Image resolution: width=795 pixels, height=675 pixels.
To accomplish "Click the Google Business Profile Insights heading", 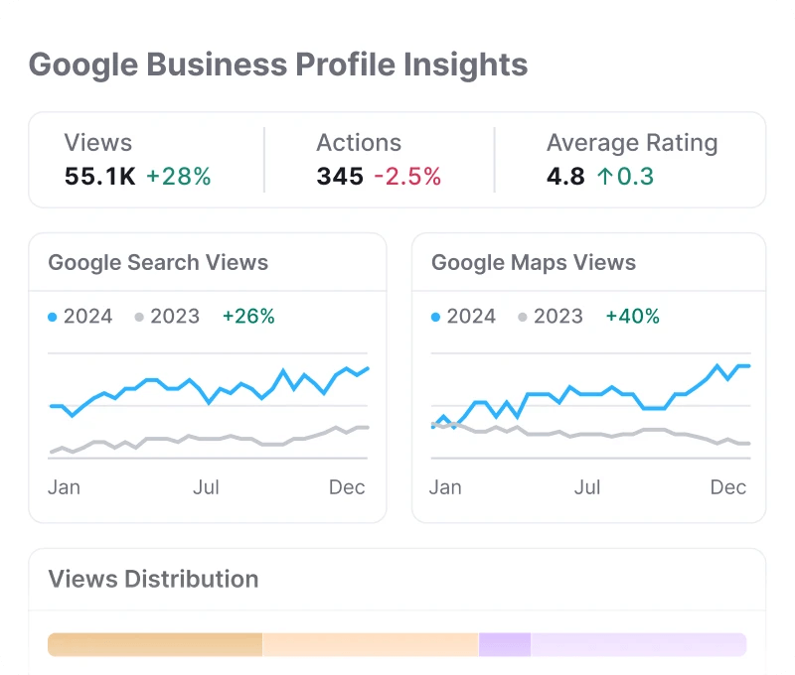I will (x=278, y=66).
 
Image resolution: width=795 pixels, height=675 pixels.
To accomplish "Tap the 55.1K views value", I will (x=99, y=177).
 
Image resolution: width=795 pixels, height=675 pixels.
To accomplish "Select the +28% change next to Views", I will (x=179, y=177).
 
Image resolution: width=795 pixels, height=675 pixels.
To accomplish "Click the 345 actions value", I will (x=340, y=177).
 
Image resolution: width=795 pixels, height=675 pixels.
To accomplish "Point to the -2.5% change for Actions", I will (x=407, y=177).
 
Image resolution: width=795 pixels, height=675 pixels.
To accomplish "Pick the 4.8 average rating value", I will (x=565, y=177).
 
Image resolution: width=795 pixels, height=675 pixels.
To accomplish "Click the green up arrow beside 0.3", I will (x=605, y=177).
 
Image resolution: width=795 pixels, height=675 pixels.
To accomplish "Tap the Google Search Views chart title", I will (x=158, y=263).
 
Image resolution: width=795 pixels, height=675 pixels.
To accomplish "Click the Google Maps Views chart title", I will (x=534, y=263).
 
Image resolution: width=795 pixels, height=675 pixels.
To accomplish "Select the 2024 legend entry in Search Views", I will (x=80, y=317).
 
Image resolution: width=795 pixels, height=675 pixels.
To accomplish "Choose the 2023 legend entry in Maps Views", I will (x=551, y=317).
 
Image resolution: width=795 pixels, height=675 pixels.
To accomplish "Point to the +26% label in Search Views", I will (x=248, y=317).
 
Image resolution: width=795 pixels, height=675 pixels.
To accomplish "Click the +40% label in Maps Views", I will (x=632, y=317).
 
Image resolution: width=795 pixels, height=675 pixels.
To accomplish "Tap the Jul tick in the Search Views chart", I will (x=207, y=487).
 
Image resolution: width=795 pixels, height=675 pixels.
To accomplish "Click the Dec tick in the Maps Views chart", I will (x=728, y=487).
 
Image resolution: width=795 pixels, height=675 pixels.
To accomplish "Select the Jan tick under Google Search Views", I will (x=64, y=487).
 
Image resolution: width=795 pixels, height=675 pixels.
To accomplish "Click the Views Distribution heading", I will (x=153, y=579).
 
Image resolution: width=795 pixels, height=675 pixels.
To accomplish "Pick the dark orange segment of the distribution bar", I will (x=155, y=644).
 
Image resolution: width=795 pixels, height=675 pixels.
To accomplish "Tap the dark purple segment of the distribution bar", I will (x=505, y=644).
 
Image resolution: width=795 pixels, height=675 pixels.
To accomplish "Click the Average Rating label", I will (x=632, y=143).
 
